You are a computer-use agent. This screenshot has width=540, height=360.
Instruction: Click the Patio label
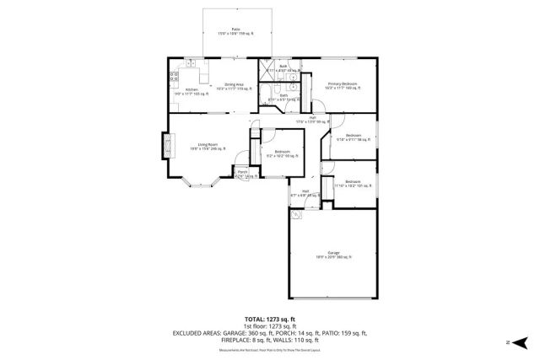(x=224, y=30)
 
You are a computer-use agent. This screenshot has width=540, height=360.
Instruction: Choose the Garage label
(x=333, y=255)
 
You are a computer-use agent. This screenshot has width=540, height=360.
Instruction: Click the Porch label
(x=242, y=174)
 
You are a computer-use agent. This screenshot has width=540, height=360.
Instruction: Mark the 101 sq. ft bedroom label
(x=347, y=184)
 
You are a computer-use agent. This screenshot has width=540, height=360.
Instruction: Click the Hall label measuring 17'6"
(x=311, y=121)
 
